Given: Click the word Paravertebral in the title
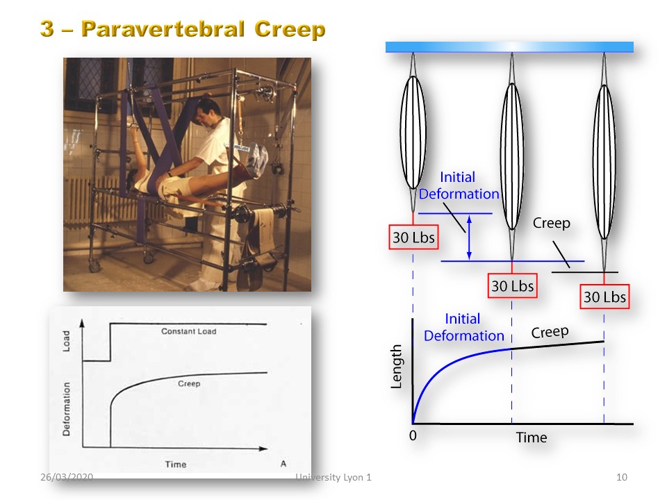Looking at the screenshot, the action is pyautogui.click(x=163, y=29).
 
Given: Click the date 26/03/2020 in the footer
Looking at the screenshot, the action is pyautogui.click(x=67, y=477).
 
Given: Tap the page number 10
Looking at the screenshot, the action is pyautogui.click(x=621, y=477).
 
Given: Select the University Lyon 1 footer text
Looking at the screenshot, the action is pyautogui.click(x=333, y=478).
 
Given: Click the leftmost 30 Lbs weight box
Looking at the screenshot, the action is pyautogui.click(x=413, y=237).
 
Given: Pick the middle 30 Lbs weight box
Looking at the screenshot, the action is pyautogui.click(x=512, y=285).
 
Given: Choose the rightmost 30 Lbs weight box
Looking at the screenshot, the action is pyautogui.click(x=604, y=297).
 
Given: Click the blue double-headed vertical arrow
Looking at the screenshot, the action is pyautogui.click(x=469, y=237).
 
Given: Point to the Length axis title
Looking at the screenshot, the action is pyautogui.click(x=396, y=367).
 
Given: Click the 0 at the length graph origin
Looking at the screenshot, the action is pyautogui.click(x=413, y=435).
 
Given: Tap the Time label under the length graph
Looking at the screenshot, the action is pyautogui.click(x=532, y=437).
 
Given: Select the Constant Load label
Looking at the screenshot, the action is pyautogui.click(x=188, y=331).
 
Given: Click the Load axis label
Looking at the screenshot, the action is pyautogui.click(x=66, y=341).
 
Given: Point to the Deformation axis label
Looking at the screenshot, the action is pyautogui.click(x=66, y=409).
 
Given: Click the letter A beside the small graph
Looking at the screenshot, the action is pyautogui.click(x=283, y=463).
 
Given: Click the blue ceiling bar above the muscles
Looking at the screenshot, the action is pyautogui.click(x=509, y=47).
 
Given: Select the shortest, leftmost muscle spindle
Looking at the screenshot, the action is pyautogui.click(x=413, y=132).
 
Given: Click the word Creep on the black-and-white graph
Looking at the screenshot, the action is pyautogui.click(x=189, y=383).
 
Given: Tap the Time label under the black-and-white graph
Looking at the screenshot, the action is pyautogui.click(x=176, y=465).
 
